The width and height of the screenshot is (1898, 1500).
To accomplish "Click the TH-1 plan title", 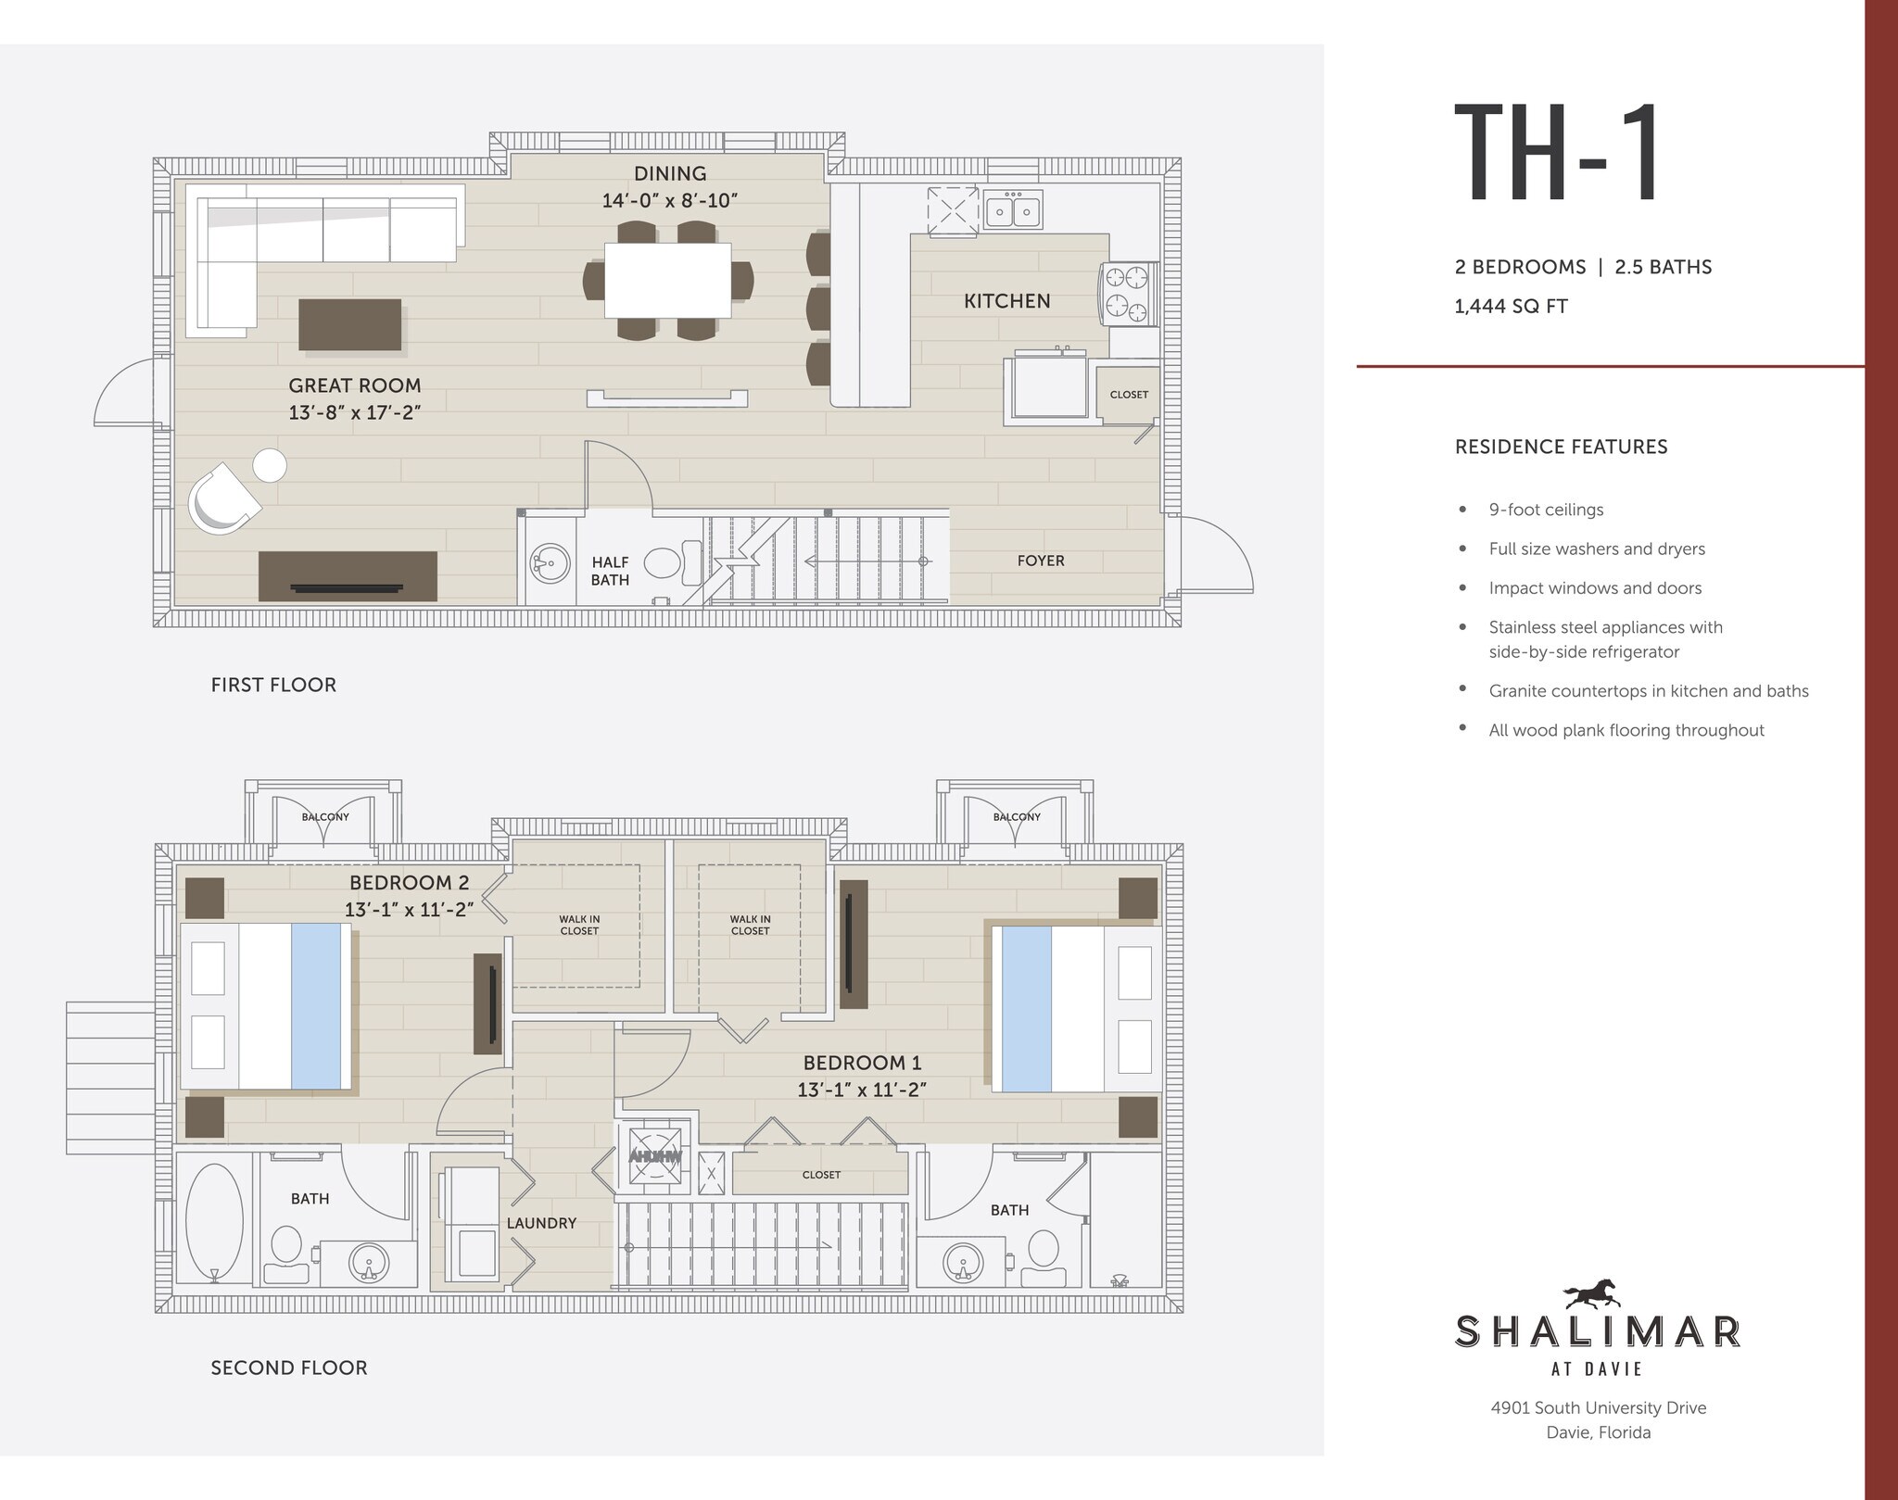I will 1558,155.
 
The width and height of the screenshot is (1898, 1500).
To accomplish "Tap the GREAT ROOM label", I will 354,385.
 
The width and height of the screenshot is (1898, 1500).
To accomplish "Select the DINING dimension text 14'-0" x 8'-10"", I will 670,201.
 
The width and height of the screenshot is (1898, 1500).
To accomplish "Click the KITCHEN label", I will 1006,301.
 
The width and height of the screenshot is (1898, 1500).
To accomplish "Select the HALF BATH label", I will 610,571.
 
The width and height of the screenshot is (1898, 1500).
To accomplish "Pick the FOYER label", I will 1040,561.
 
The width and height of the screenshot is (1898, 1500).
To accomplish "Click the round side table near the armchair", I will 270,465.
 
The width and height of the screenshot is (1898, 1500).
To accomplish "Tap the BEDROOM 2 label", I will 409,883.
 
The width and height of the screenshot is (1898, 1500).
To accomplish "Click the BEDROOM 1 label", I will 862,1063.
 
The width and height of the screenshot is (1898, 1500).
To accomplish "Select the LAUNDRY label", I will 541,1223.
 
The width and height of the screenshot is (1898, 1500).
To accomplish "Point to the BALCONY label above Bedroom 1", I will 1017,817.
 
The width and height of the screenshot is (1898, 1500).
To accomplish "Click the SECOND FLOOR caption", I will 288,1368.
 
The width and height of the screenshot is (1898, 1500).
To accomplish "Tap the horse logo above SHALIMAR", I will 1590,1293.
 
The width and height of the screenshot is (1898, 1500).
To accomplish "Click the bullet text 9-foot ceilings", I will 1546,510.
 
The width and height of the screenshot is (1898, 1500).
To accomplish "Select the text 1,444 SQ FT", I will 1511,307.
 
